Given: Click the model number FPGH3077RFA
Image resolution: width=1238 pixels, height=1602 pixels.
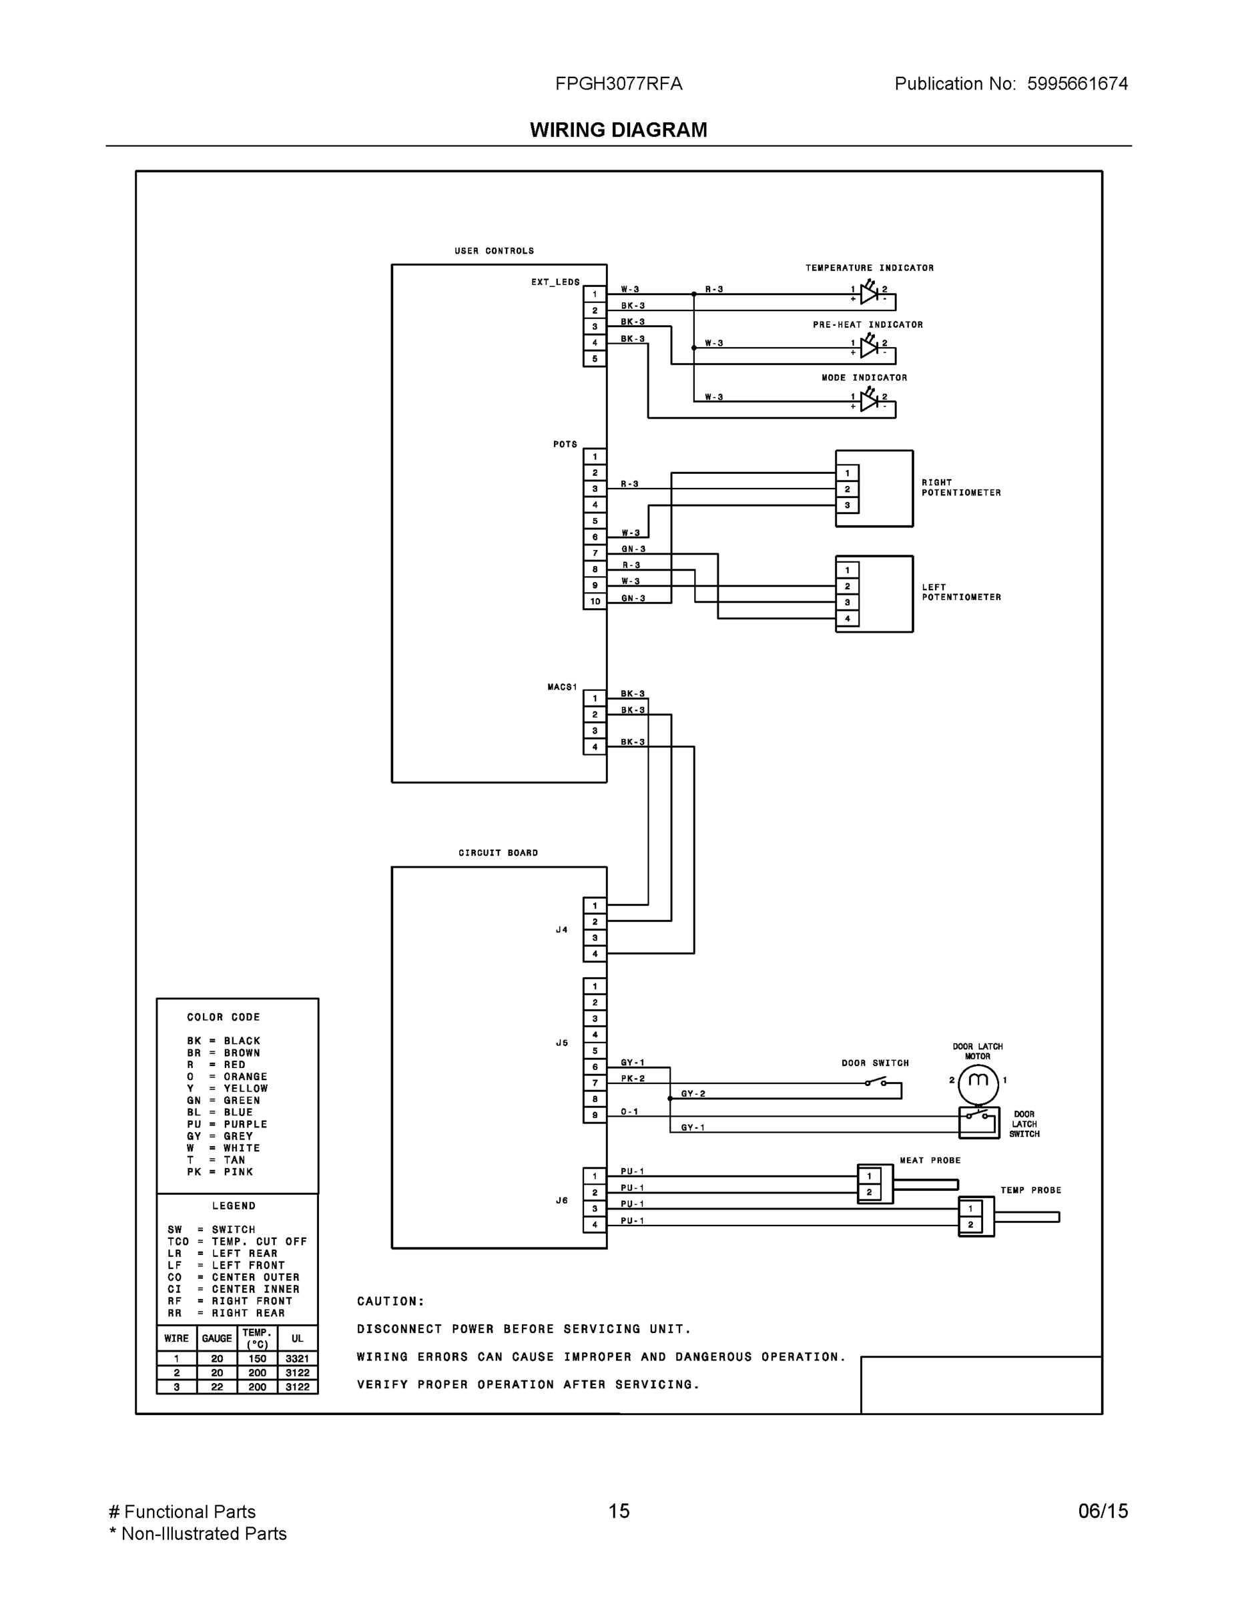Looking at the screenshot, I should click(x=618, y=83).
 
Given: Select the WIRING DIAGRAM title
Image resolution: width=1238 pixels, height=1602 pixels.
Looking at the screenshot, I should click(x=618, y=130).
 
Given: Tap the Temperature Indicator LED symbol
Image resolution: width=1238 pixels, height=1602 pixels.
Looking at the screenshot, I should click(x=869, y=294).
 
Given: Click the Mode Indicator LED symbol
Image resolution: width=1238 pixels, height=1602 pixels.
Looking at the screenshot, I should click(x=869, y=401).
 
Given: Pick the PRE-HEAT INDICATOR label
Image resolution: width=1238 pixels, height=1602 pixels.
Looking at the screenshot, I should click(x=868, y=325).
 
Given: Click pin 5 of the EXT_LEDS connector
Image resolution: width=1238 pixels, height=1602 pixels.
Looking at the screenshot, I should click(x=595, y=358).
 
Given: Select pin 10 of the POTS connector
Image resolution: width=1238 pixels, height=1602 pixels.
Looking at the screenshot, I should click(x=595, y=601).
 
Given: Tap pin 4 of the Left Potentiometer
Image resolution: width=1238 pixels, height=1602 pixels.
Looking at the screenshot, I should click(x=847, y=618).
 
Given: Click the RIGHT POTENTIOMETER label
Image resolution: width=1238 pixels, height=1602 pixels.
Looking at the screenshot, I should click(x=961, y=488).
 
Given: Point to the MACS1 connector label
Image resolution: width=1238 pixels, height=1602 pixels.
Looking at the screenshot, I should click(x=562, y=688).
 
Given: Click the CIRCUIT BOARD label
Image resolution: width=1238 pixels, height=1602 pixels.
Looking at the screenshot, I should click(x=498, y=853).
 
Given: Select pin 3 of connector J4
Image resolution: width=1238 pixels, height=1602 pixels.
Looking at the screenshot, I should click(x=595, y=938).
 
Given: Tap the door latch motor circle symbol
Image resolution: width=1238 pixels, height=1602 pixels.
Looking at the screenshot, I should click(x=978, y=1081).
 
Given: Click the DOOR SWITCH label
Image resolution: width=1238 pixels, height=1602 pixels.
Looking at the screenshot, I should click(x=875, y=1063).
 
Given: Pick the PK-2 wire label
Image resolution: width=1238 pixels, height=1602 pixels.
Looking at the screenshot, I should click(x=633, y=1078).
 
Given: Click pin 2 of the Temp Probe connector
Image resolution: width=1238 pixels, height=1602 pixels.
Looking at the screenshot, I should click(x=970, y=1224).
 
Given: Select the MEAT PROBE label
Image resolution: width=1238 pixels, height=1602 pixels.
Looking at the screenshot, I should click(x=930, y=1160).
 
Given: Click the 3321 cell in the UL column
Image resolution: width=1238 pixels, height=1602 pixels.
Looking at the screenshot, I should click(x=297, y=1358).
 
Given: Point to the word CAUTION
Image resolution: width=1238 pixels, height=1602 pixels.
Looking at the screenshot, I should click(x=390, y=1301).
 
